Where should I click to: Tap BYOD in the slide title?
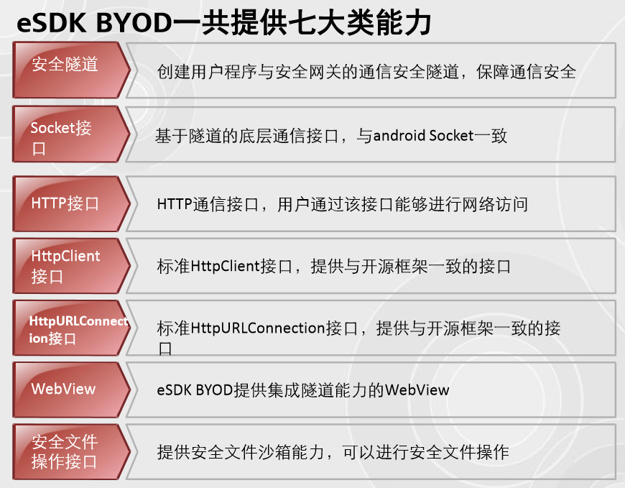(134, 22)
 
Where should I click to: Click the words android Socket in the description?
(423, 136)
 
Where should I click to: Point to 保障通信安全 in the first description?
(526, 72)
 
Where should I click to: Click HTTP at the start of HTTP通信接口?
(175, 204)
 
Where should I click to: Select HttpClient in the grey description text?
(225, 266)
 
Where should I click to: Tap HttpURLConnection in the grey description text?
(259, 328)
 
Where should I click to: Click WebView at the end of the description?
(417, 390)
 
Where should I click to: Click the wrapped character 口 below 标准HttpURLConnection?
(165, 349)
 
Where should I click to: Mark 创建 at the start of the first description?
(174, 72)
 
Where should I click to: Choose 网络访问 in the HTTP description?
(494, 204)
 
